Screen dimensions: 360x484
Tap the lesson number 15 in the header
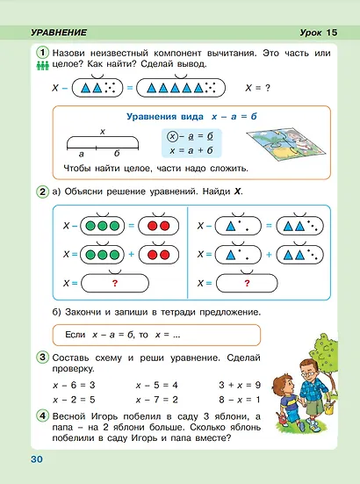(x=331, y=33)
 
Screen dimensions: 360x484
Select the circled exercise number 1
(x=42, y=54)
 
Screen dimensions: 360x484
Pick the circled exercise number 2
(x=42, y=191)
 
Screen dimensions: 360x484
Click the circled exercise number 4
(x=42, y=415)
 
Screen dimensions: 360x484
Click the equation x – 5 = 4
(x=159, y=385)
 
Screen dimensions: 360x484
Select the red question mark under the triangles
(x=247, y=284)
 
